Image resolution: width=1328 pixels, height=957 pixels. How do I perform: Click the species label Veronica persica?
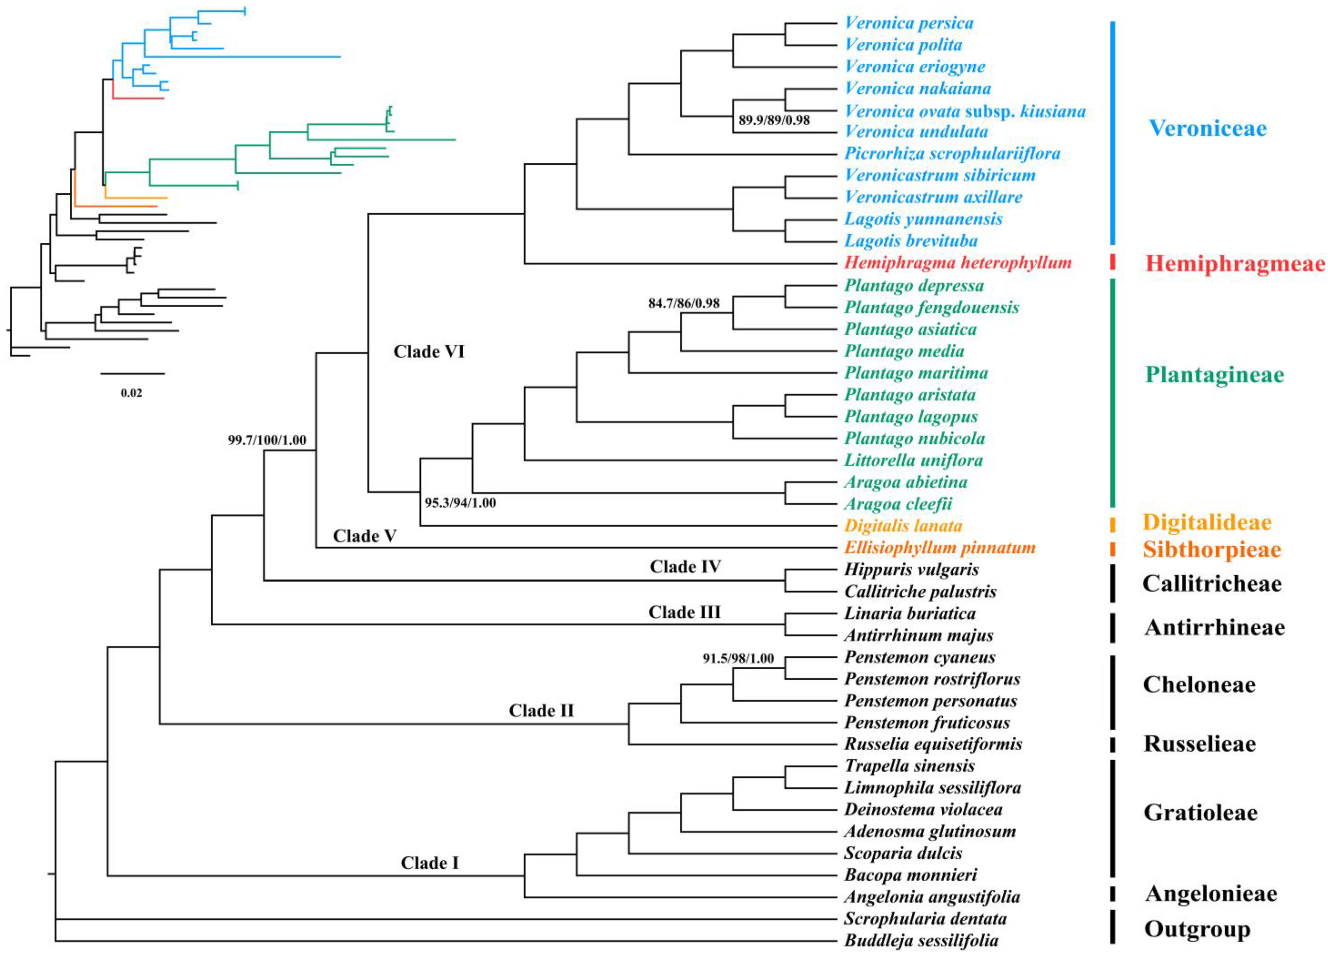point(909,23)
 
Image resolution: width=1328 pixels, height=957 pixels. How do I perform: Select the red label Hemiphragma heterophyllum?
point(958,263)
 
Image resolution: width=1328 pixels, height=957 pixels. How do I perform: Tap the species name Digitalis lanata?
point(903,526)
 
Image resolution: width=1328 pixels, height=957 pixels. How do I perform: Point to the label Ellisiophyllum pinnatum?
point(940,548)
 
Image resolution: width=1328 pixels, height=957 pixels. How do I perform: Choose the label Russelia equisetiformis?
point(933,744)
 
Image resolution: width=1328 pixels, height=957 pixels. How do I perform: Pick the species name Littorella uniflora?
point(913,460)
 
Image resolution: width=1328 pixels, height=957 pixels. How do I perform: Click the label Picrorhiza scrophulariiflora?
point(952,153)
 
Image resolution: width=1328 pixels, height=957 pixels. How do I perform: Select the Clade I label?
point(430,863)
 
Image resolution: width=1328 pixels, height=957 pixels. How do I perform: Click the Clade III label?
point(685,612)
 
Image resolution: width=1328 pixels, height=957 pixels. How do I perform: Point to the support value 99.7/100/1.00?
point(267,440)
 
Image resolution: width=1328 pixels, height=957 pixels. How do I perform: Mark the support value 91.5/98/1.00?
point(738,658)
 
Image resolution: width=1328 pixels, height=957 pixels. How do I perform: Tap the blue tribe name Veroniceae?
point(1207,128)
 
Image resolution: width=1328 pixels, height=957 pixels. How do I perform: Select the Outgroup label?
point(1197,929)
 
